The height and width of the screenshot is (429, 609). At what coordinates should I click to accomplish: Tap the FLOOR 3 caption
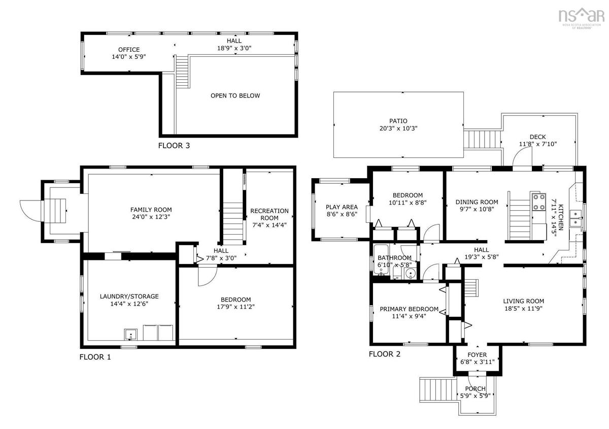point(174,146)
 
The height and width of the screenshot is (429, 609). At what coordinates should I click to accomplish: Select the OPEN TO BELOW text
point(235,96)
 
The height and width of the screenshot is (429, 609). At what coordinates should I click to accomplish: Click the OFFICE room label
point(129,50)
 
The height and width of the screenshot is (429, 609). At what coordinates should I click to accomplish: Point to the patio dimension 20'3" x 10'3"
point(398,128)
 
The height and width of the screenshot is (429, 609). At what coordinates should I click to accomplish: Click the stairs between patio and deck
point(482,139)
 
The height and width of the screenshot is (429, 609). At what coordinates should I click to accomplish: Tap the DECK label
point(537,137)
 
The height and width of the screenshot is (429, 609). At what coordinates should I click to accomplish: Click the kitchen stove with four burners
point(539,202)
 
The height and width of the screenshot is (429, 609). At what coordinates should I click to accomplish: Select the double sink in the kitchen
point(576,218)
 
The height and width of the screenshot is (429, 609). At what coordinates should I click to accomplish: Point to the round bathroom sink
point(410,273)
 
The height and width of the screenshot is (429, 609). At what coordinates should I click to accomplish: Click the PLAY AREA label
point(342,207)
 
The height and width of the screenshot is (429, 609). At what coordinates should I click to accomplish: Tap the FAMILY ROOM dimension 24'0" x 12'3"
point(151,217)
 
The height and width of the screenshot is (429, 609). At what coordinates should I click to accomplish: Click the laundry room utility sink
point(131,335)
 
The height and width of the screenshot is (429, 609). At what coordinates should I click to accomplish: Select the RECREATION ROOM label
point(269,214)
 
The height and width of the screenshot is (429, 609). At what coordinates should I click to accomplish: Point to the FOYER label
point(477,355)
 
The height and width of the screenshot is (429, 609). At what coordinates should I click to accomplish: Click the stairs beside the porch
point(437,389)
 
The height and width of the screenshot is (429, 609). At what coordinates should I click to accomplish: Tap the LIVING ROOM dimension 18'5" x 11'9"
point(523,309)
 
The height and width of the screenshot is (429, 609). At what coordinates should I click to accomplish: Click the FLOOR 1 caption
point(95,357)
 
